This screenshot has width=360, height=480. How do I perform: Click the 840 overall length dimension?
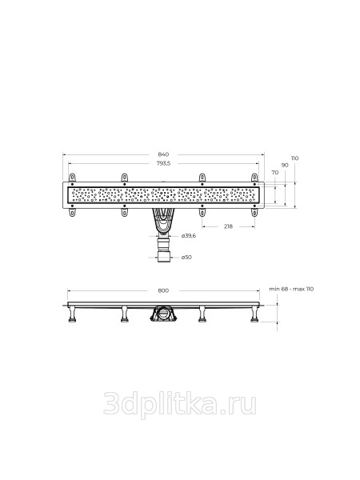[164, 154]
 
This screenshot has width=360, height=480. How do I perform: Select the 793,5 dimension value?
[163, 163]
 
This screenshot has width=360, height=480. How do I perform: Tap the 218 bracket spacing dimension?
[228, 226]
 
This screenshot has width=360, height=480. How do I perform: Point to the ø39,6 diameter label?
[189, 236]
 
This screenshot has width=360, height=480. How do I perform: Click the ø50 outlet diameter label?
[186, 257]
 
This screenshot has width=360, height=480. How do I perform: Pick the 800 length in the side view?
[163, 290]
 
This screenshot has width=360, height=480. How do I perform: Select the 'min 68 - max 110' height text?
[291, 289]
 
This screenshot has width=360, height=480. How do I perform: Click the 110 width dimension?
[294, 158]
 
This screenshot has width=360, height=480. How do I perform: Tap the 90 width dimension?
[285, 166]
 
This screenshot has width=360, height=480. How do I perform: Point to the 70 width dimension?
[275, 173]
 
